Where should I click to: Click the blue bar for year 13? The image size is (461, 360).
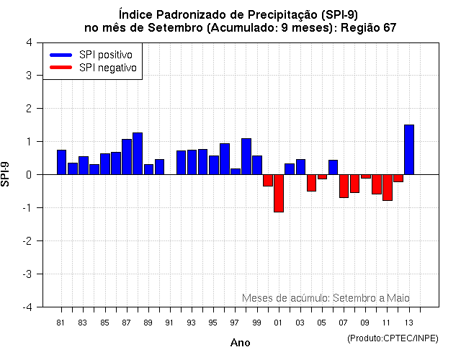[x=409, y=150]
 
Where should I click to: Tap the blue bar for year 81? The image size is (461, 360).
[x=62, y=162]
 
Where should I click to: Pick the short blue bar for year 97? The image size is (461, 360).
[x=236, y=171]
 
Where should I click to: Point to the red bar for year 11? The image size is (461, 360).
[x=388, y=187]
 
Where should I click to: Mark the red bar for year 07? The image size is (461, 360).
[x=344, y=186]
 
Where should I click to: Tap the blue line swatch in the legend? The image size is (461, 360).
[x=61, y=55]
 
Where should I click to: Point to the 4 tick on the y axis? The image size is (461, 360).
[x=28, y=42]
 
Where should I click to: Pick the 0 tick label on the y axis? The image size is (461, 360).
[x=28, y=174]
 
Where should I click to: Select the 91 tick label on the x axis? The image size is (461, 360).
[x=169, y=323]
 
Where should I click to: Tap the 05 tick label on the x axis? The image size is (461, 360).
[x=322, y=323]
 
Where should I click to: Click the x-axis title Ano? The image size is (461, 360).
[x=241, y=343]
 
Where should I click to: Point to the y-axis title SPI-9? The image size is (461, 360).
[x=6, y=174]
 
